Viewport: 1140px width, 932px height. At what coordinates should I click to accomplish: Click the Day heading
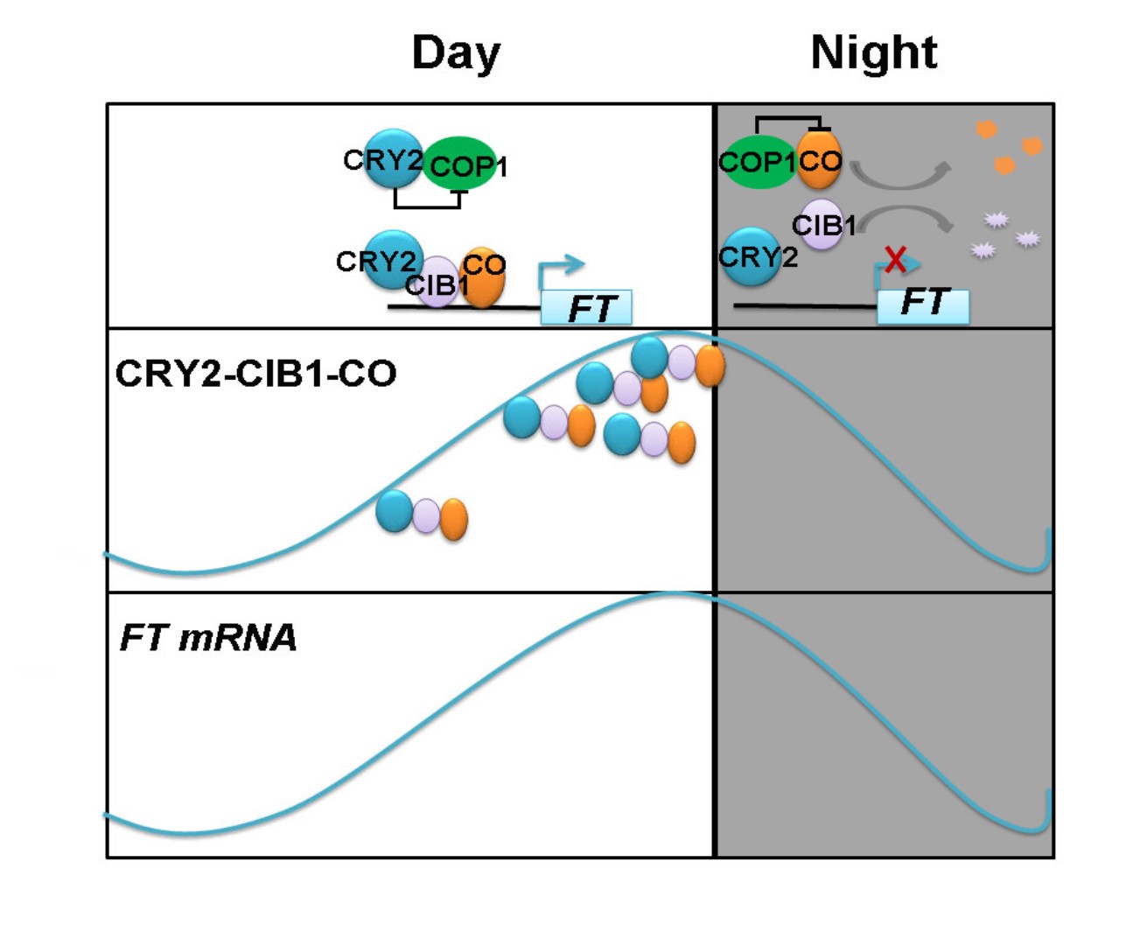click(456, 53)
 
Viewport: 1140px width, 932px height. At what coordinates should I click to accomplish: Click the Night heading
click(874, 53)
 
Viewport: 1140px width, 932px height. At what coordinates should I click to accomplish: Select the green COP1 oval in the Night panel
click(756, 163)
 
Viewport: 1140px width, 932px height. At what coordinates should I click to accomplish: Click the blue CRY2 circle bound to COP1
click(391, 159)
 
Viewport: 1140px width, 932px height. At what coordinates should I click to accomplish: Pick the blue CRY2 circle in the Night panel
click(750, 257)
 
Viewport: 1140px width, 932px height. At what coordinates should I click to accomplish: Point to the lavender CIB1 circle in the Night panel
click(820, 225)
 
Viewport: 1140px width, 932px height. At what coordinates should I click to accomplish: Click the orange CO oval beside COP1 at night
click(820, 160)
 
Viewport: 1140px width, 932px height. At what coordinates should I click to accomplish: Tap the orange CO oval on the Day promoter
click(482, 277)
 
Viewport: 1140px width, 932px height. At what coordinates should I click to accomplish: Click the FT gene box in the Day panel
click(586, 308)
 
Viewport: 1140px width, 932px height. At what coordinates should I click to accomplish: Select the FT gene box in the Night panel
click(923, 305)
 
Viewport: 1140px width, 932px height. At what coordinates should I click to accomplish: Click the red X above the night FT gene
click(895, 259)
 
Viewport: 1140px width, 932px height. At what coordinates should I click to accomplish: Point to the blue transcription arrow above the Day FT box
click(560, 268)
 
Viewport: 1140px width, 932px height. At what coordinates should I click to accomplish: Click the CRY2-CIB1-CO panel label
click(255, 374)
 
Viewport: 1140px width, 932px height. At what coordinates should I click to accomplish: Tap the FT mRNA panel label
click(208, 638)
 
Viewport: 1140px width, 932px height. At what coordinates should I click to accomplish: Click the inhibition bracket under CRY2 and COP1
click(427, 202)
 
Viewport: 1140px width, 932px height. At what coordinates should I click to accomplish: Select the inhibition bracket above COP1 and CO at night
click(788, 122)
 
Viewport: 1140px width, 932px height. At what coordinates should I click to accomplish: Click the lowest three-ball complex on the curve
click(422, 515)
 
